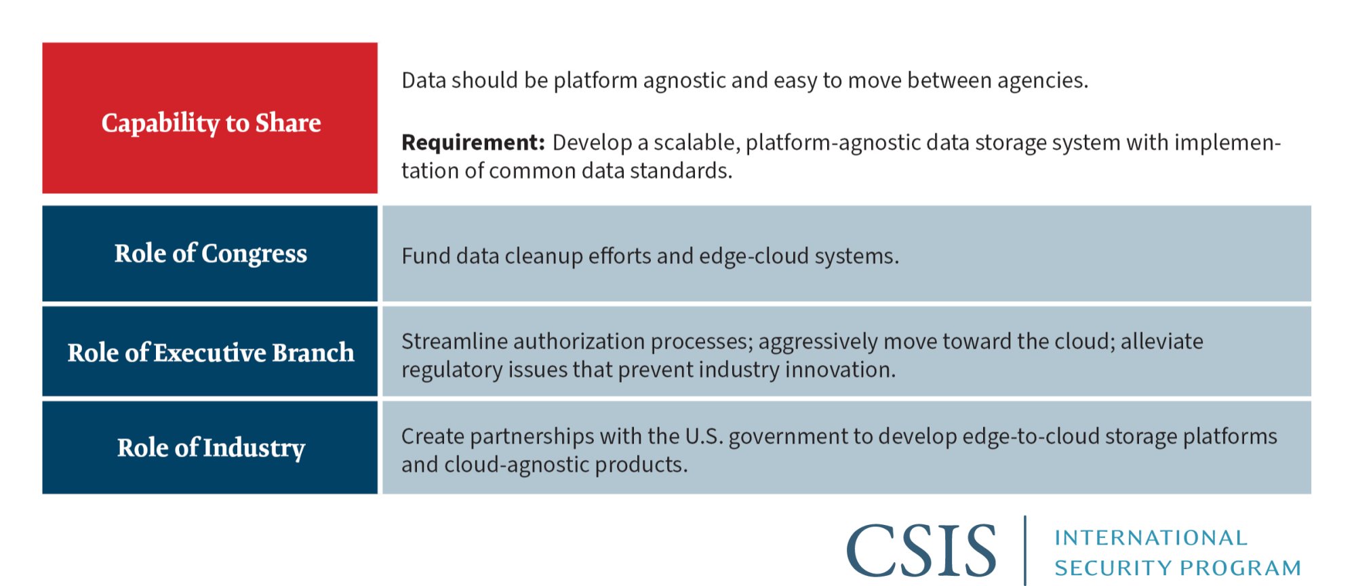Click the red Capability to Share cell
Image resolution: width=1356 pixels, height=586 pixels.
pyautogui.click(x=210, y=118)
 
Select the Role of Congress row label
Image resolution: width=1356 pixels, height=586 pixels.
pyautogui.click(x=210, y=254)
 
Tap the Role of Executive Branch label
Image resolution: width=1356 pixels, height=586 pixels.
pyautogui.click(x=210, y=353)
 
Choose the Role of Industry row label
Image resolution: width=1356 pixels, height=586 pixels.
pyautogui.click(x=210, y=448)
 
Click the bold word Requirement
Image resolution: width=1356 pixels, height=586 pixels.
pyautogui.click(x=473, y=143)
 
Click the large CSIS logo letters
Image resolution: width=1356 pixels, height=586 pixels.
pyautogui.click(x=921, y=551)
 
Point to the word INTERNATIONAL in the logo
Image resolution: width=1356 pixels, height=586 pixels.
pyautogui.click(x=1151, y=538)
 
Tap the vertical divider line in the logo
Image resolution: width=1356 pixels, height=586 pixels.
pyautogui.click(x=1025, y=550)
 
